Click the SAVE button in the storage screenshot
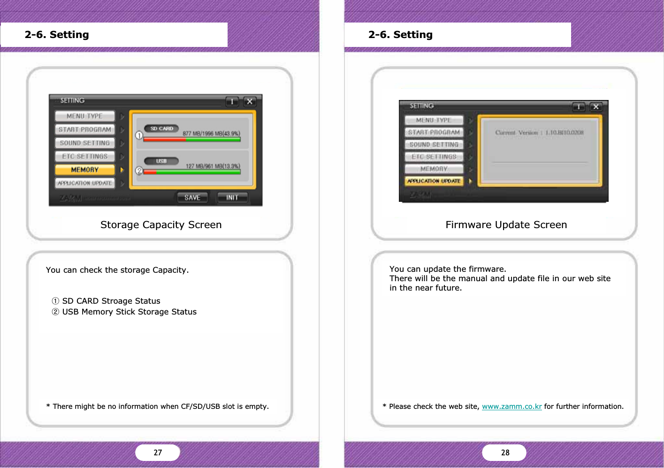tap(192, 198)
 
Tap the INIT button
tap(232, 198)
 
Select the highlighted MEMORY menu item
tap(85, 170)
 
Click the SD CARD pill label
tap(161, 129)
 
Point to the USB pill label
tap(161, 161)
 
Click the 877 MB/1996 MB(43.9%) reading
tap(211, 133)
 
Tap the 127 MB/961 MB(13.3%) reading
tap(213, 166)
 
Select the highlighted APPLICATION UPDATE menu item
tap(434, 181)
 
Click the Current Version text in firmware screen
tap(539, 133)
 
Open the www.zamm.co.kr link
tap(511, 407)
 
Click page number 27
tap(158, 453)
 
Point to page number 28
tap(505, 453)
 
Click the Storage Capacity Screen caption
tap(161, 225)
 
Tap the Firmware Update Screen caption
tap(506, 225)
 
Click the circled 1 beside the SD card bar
tap(139, 135)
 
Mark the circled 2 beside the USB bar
tap(139, 171)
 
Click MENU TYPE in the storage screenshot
tap(84, 116)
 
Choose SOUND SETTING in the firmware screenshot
tap(434, 145)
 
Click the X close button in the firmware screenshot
tap(596, 107)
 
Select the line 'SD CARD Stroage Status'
tap(111, 301)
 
